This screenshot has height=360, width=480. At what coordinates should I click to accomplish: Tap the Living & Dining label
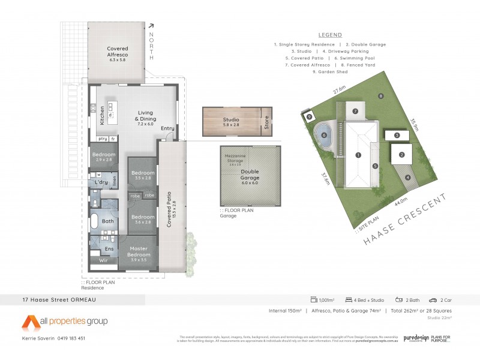146,116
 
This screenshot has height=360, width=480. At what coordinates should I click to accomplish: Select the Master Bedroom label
142,252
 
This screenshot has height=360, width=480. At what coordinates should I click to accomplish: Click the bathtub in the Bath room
95,221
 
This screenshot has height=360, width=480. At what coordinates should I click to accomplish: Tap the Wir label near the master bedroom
103,260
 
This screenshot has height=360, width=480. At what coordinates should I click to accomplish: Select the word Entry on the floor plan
167,128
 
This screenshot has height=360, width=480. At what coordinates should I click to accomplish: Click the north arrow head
151,26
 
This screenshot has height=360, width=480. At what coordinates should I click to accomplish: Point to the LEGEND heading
330,35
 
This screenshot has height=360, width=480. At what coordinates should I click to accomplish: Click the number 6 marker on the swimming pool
324,136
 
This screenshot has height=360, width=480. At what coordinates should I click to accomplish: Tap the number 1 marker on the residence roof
358,155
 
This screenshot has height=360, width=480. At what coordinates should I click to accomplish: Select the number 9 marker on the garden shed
309,117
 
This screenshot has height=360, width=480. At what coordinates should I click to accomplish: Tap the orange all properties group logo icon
32,322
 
